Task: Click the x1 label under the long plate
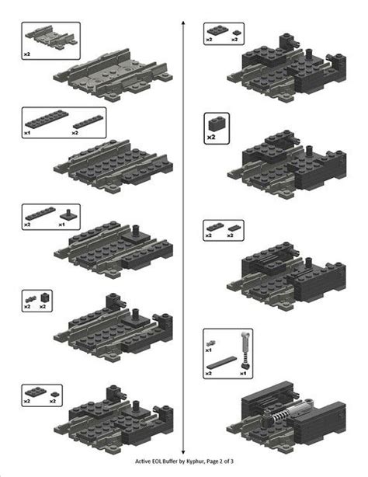27,133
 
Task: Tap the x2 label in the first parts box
28,54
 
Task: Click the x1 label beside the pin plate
62,225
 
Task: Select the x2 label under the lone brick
211,138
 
